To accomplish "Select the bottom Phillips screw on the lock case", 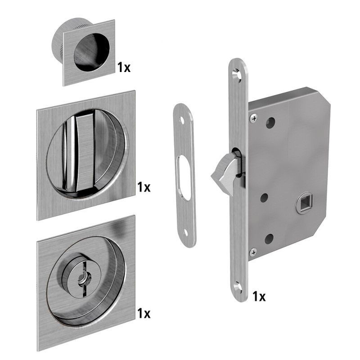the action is pos(253,253).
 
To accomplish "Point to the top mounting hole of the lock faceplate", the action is pos(237,75).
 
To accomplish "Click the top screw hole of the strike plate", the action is pos(183,120).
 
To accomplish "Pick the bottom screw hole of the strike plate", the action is pos(186,234).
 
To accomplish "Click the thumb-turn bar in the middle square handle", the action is pos(84,152).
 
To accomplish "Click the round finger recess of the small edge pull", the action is pos(92,52).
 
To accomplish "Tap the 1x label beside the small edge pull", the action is pos(124,67).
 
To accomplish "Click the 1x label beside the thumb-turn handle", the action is pos(144,187).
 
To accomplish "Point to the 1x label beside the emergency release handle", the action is pos(144,313).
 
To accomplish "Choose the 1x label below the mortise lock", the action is pos(259,296).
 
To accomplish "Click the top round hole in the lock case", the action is pos(270,123).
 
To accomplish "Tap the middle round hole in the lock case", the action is pos(264,198).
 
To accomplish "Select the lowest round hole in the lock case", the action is pos(269,239).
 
